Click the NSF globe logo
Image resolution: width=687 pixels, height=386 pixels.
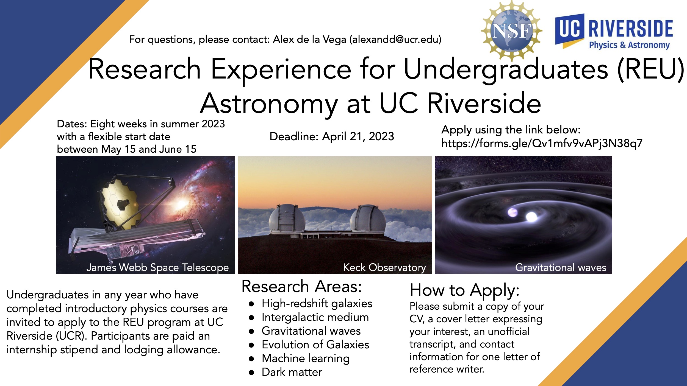[511, 31]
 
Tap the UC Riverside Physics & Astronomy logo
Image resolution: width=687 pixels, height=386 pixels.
[614, 32]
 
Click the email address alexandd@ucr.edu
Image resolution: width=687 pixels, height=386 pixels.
[395, 40]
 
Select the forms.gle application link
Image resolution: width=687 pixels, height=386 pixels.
[542, 143]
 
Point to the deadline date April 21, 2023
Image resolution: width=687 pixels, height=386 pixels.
[358, 136]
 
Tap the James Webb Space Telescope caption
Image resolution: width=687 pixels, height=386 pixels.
[157, 267]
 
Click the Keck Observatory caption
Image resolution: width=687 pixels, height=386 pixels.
[384, 267]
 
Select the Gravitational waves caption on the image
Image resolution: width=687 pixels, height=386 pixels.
[561, 267]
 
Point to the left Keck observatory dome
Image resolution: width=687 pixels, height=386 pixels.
[287, 219]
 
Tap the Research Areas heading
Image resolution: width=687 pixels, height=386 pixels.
[301, 286]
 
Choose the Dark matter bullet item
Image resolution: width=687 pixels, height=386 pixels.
[292, 372]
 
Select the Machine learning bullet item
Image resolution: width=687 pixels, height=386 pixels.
[306, 359]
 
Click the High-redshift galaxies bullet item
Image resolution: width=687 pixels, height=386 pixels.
[317, 304]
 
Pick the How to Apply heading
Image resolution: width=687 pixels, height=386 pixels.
[464, 290]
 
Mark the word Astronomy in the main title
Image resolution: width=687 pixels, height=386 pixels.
[269, 104]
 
